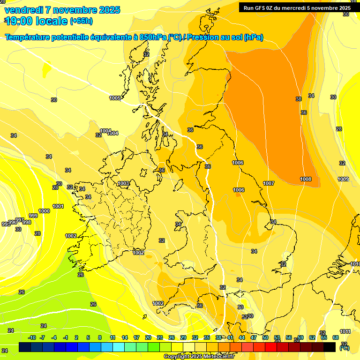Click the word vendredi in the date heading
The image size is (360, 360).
tap(24, 10)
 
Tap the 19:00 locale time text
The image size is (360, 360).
tap(37, 21)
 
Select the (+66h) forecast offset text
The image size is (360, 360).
tap(81, 21)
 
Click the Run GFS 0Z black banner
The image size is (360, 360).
tap(297, 7)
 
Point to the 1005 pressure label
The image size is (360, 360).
tap(115, 98)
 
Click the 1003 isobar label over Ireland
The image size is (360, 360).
tap(124, 183)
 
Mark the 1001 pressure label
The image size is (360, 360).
tap(58, 206)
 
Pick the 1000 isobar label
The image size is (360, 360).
tap(44, 211)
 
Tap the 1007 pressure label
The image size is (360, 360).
tap(269, 183)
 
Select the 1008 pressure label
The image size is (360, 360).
tap(306, 179)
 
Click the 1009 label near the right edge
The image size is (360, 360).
tap(343, 179)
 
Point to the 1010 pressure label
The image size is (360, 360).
tap(355, 264)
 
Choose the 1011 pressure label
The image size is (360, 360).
tap(345, 331)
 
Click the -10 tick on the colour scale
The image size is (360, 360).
tap(32, 337)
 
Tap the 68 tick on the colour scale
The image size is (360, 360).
tap(336, 337)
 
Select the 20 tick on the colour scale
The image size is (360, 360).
tap(148, 337)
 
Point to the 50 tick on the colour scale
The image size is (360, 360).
tap(265, 337)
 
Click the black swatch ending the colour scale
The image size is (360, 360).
tap(330, 347)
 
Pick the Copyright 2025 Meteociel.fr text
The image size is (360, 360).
tap(199, 356)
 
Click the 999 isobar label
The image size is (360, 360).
tap(33, 216)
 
